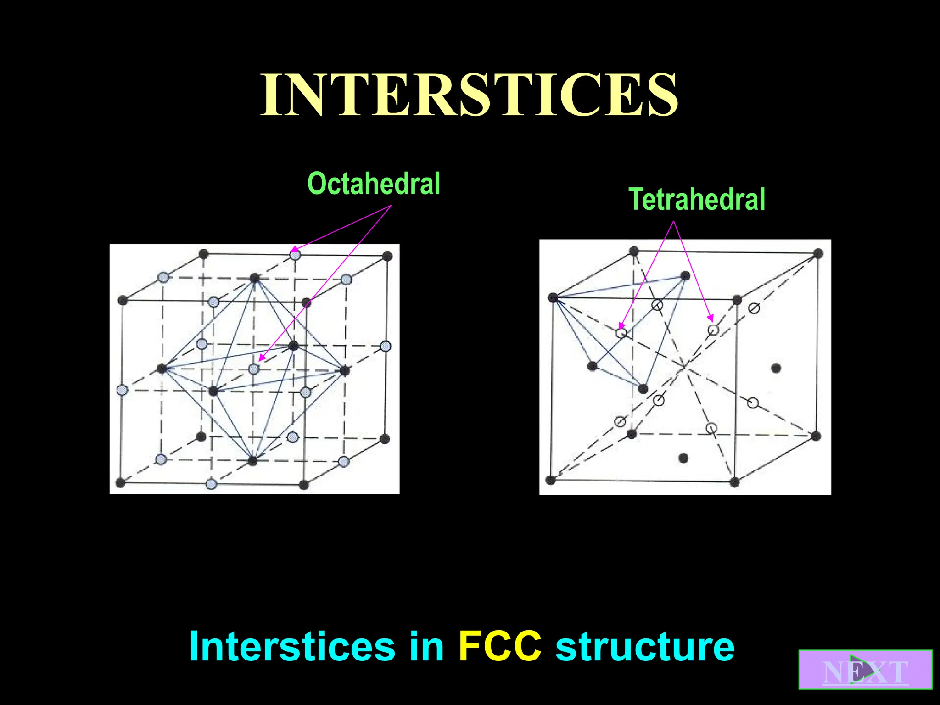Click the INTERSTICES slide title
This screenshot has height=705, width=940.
tap(469, 95)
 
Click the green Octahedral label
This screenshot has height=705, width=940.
tap(374, 184)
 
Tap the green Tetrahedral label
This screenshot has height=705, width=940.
tap(696, 199)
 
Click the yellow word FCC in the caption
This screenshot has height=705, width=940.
tap(500, 646)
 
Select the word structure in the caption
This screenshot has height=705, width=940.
tap(644, 646)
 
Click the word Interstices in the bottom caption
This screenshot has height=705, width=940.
tap(292, 646)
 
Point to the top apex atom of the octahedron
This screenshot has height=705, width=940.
tap(254, 278)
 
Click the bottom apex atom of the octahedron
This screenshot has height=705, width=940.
tap(252, 461)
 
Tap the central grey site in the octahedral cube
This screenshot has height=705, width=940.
tap(253, 369)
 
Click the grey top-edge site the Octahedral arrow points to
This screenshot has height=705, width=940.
tap(295, 254)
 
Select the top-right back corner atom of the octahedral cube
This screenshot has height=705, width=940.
tap(387, 256)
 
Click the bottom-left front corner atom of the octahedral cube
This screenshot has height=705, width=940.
tap(121, 483)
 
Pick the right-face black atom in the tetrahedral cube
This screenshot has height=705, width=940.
tap(776, 368)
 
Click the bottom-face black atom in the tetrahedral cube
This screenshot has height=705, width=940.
tap(683, 458)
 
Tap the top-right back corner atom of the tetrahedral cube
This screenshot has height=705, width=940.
tap(818, 253)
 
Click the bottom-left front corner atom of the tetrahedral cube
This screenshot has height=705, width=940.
tap(551, 480)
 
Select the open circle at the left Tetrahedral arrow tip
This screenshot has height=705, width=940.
tap(621, 333)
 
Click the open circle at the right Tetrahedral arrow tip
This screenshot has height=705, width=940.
tap(713, 330)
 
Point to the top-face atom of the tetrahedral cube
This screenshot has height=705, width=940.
tap(685, 276)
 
